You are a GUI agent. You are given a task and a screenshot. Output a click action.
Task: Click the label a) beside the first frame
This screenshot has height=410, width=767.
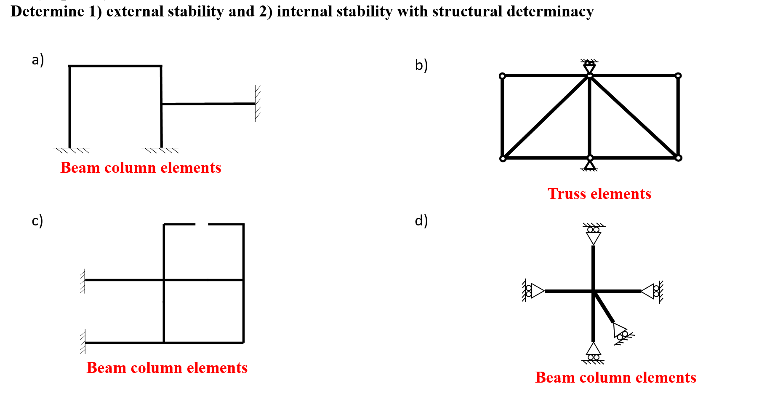38,60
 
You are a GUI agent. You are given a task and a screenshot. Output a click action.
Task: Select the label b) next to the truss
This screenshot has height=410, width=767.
421,65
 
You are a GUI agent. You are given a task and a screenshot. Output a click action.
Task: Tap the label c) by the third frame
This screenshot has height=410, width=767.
37,220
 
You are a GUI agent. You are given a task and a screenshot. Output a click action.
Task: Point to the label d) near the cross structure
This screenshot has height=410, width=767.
421,220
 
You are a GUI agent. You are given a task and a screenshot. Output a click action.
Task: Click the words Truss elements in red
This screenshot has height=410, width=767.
599,194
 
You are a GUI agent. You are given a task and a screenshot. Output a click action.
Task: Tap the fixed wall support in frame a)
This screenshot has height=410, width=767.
257,104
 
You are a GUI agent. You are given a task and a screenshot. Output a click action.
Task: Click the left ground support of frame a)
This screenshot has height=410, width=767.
71,150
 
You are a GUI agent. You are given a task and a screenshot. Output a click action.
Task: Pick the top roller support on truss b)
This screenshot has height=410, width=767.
590,66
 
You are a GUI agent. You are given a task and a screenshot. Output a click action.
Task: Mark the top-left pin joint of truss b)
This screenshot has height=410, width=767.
502,76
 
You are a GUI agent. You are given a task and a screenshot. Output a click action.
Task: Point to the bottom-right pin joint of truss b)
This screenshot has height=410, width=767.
678,158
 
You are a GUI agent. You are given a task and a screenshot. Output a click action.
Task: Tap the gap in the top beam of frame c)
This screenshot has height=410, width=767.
202,225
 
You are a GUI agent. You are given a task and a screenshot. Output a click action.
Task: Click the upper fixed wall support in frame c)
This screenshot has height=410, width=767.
83,280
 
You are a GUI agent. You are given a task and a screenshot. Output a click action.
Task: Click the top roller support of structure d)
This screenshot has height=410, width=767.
594,234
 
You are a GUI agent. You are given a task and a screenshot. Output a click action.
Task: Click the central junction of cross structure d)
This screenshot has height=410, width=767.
594,291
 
